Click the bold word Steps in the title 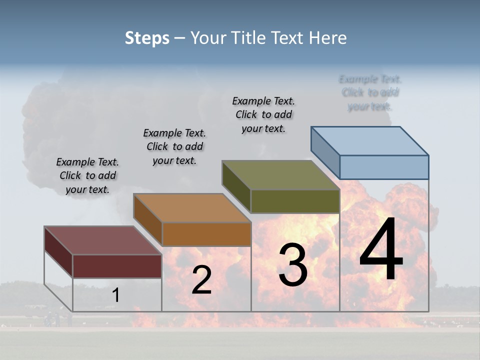click(147, 38)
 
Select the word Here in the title click(328, 38)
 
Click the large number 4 click(381, 250)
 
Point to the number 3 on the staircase click(293, 265)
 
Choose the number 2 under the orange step click(201, 280)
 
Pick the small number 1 click(115, 295)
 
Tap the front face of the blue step click(384, 167)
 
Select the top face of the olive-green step click(280, 175)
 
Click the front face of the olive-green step click(295, 201)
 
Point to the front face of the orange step click(206, 234)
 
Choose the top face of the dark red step click(102, 240)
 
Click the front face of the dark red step click(117, 266)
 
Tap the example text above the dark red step click(87, 175)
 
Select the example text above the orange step click(174, 146)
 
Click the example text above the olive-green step click(263, 114)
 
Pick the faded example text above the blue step click(370, 92)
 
